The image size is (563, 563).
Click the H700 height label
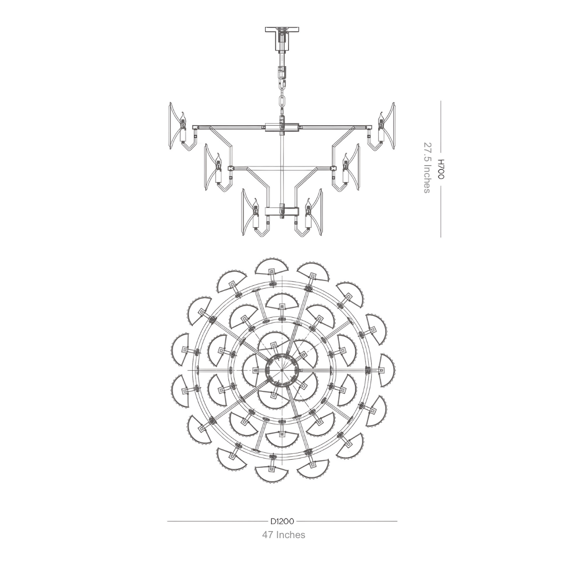tap(441, 169)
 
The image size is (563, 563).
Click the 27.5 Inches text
tap(427, 167)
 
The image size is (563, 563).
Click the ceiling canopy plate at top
tap(281, 30)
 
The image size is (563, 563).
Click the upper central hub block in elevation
tap(281, 127)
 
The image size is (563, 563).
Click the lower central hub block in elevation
tap(281, 211)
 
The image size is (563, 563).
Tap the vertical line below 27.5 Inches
tap(441, 216)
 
